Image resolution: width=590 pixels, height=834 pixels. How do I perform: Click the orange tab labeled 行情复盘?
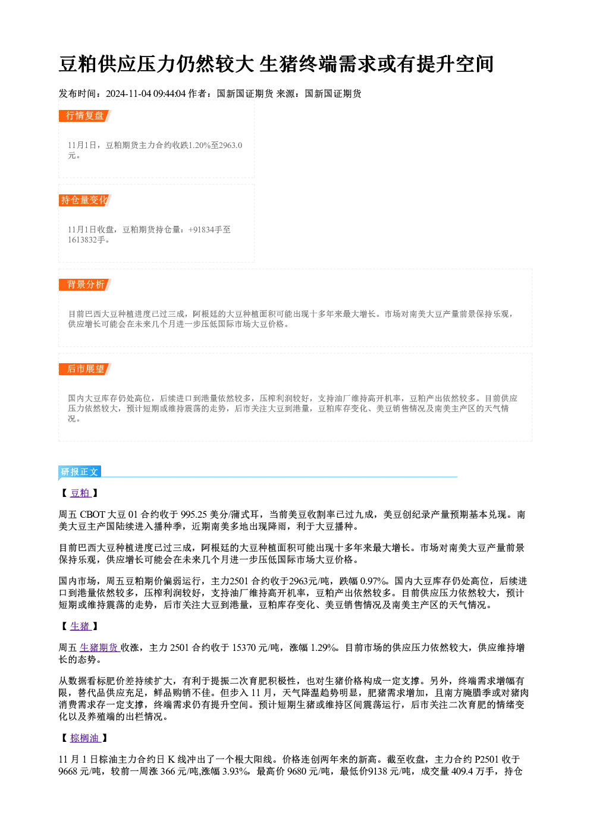coord(84,116)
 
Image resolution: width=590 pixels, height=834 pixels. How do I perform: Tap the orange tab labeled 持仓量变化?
coord(84,200)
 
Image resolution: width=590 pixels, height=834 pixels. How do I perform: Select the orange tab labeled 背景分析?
coord(84,285)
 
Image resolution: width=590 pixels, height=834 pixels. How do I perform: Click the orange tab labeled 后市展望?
coord(84,369)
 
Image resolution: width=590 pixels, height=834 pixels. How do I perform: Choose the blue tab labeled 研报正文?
coord(80,472)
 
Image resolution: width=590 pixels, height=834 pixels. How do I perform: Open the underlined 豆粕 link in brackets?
coord(80,493)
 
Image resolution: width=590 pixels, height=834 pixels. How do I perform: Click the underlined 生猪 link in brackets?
coord(80,627)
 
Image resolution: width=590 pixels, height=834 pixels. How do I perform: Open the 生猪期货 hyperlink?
coord(99,648)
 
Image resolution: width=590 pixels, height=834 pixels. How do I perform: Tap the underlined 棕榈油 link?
coord(85,738)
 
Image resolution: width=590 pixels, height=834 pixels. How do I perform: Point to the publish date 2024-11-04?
coord(128,94)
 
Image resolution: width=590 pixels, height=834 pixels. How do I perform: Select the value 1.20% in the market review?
coord(199,146)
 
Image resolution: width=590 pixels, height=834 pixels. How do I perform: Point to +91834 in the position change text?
coord(202,230)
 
